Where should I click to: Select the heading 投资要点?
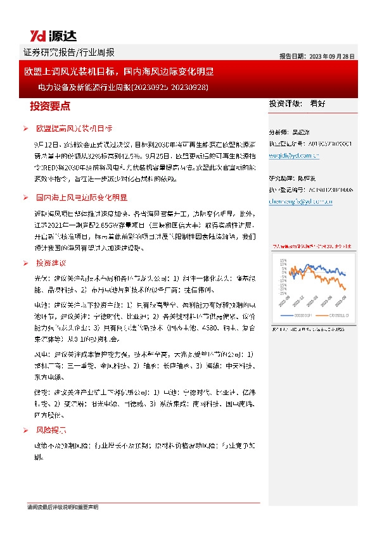pos(50,105)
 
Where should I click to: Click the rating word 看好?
pos(317,104)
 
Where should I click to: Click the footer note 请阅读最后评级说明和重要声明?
pos(63,507)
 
